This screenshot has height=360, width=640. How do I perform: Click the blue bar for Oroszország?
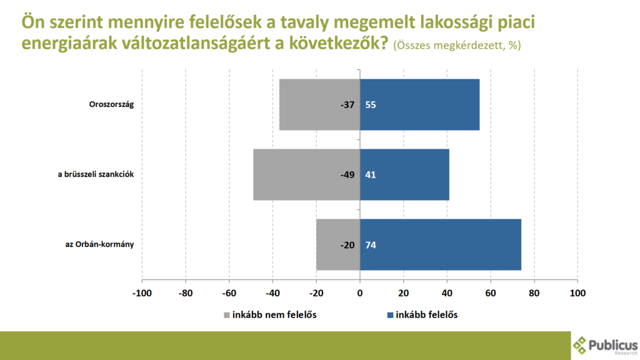coord(419,104)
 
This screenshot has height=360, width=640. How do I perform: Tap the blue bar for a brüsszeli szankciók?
coord(404,174)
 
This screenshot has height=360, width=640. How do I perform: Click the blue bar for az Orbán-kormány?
coord(441,244)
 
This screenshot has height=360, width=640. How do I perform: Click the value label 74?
coord(371,245)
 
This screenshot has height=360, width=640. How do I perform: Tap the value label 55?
coord(371,105)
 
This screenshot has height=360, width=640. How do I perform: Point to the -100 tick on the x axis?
coord(142,292)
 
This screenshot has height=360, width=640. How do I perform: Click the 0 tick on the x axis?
coord(360,292)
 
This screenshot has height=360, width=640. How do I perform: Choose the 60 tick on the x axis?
coord(491,292)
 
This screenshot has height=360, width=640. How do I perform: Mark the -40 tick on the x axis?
coord(272,292)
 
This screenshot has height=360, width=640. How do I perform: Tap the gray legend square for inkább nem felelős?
coord(227,315)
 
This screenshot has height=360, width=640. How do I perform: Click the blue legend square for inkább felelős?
coord(391,315)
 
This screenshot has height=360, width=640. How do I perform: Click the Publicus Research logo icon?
coord(581,345)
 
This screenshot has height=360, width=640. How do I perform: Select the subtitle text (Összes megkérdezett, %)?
coord(457,46)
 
